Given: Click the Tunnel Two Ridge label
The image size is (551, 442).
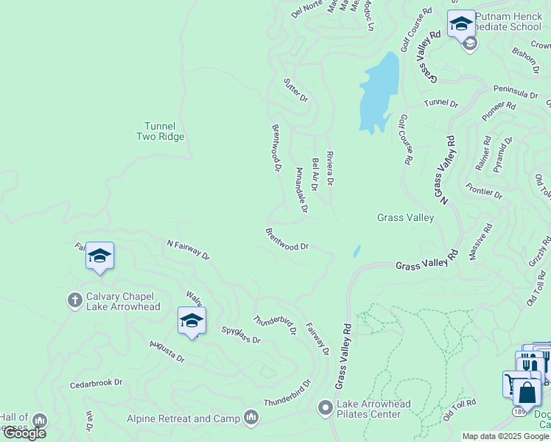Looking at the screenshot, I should point(160,131).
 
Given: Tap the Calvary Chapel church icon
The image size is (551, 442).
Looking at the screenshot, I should point(74,300).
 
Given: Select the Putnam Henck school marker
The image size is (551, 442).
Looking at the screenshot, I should point(461,24).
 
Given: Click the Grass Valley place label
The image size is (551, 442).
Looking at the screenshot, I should point(405,217).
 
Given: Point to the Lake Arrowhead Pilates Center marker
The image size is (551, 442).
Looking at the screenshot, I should point(325,407).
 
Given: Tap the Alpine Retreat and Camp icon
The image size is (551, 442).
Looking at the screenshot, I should point(252,418).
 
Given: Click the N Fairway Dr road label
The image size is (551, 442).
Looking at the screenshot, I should point(188,250).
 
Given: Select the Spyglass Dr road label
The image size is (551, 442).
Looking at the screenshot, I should point(241,335).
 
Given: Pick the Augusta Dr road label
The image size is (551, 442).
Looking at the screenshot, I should point(166,351).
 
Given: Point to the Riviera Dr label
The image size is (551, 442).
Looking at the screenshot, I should point(330,169).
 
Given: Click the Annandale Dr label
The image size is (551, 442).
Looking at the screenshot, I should point(301,190).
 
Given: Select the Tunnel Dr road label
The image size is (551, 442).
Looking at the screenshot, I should point(441,105).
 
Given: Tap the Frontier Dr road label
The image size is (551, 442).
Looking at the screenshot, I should point(484,190).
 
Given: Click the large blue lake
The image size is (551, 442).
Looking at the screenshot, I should point(379,92).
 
